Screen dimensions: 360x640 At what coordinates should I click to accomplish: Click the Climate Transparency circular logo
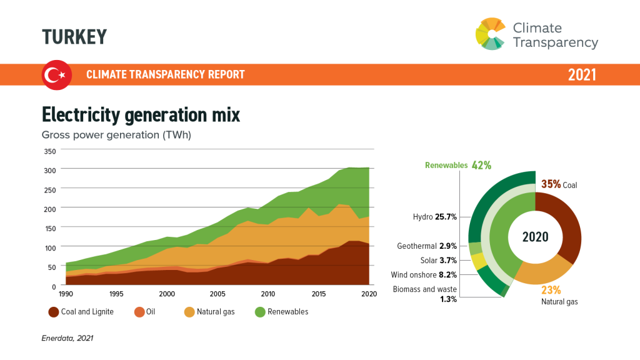[x=491, y=34]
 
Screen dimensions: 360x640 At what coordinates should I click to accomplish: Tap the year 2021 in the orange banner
[x=582, y=75]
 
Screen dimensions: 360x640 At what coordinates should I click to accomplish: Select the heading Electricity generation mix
[x=141, y=115]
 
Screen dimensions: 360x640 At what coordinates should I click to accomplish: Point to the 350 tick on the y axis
[x=50, y=151]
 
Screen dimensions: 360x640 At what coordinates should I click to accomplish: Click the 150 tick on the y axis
[x=50, y=228]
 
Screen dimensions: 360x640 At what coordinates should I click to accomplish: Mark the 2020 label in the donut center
[x=536, y=237]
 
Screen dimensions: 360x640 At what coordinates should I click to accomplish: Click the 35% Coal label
[x=559, y=185]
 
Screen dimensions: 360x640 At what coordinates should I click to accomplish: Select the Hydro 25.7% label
[x=435, y=217]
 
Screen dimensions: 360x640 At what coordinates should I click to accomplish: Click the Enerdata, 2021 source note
[x=67, y=338]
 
